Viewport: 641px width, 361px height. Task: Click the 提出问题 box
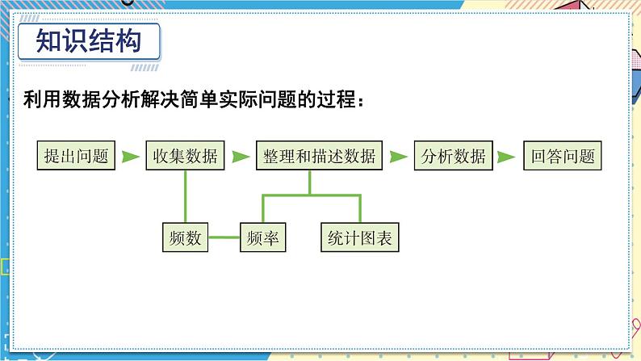77,157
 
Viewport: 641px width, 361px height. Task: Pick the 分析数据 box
454,157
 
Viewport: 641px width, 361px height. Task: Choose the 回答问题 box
563,157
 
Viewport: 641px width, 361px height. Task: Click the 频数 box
186,237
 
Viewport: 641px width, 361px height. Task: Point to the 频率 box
265,237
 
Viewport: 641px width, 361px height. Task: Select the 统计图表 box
360,237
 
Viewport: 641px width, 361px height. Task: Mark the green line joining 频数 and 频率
225,237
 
